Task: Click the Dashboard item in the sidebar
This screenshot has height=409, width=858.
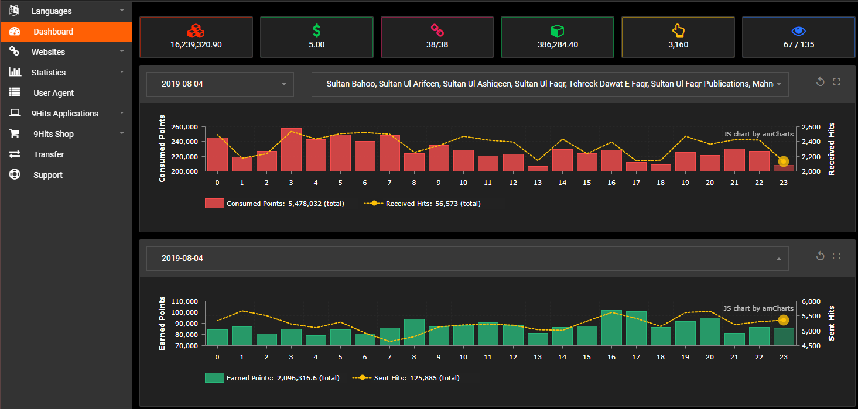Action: pos(53,32)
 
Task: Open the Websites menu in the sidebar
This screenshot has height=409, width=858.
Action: pos(48,52)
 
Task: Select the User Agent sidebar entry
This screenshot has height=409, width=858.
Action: pos(53,93)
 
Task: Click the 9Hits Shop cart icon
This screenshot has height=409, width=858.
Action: pos(15,134)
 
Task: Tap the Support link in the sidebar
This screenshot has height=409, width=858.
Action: pos(47,175)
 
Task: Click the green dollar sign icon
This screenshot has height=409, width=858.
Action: pos(316,30)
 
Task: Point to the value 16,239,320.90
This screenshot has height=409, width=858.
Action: pos(196,44)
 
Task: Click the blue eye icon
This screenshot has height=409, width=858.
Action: pos(798,31)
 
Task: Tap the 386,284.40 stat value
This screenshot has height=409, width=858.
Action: pos(557,44)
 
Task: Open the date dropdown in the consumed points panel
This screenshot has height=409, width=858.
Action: pos(220,84)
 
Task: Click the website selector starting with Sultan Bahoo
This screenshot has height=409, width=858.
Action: pos(549,84)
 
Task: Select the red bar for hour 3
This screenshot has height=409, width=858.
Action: pos(291,150)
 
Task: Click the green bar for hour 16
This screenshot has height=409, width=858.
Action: pos(611,328)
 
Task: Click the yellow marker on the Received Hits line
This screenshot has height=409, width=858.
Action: pos(784,161)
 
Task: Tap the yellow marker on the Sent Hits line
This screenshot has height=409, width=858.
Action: pos(784,320)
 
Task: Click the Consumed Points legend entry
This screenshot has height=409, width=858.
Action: pos(274,204)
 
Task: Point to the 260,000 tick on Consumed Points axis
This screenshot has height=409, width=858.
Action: pos(184,127)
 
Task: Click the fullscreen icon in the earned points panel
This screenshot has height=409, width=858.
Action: pos(836,256)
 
